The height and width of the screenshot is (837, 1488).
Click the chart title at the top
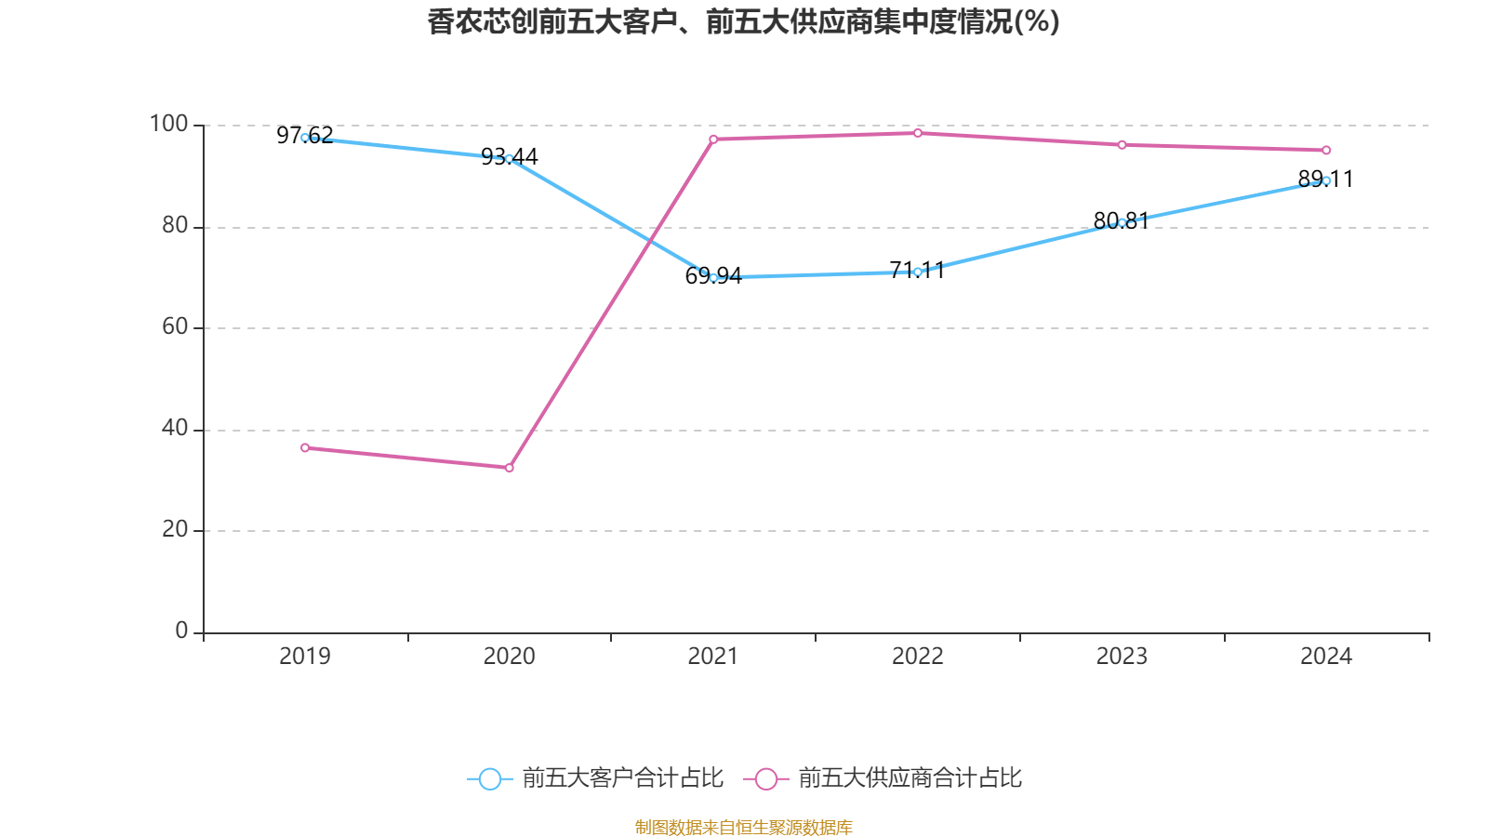tap(743, 21)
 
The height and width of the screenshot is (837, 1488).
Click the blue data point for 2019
tap(305, 138)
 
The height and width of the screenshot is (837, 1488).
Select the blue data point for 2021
tap(713, 277)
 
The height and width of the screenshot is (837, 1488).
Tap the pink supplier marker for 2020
tap(509, 468)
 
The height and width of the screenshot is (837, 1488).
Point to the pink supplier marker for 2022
tap(917, 133)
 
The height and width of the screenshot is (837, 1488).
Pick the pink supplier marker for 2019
tap(305, 448)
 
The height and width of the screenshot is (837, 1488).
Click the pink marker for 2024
tap(1326, 151)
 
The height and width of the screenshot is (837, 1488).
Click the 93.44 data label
tap(509, 156)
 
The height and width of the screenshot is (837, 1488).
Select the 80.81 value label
tap(1121, 220)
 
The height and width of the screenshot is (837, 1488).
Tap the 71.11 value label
tap(917, 270)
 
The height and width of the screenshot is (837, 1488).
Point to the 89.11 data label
tap(1325, 179)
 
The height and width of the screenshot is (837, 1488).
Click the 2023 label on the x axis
tap(1122, 657)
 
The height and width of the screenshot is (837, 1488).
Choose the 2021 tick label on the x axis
tap(713, 657)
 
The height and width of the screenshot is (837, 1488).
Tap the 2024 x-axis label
tap(1326, 657)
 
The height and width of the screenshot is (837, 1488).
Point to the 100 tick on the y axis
tap(168, 124)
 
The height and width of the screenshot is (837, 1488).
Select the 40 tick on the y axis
tap(174, 429)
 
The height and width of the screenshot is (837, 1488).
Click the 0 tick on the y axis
tap(181, 631)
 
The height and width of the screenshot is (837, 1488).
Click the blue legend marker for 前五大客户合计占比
tap(489, 778)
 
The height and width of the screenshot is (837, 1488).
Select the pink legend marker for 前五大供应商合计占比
tap(765, 778)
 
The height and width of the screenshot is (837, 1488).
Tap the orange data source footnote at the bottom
tap(743, 827)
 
